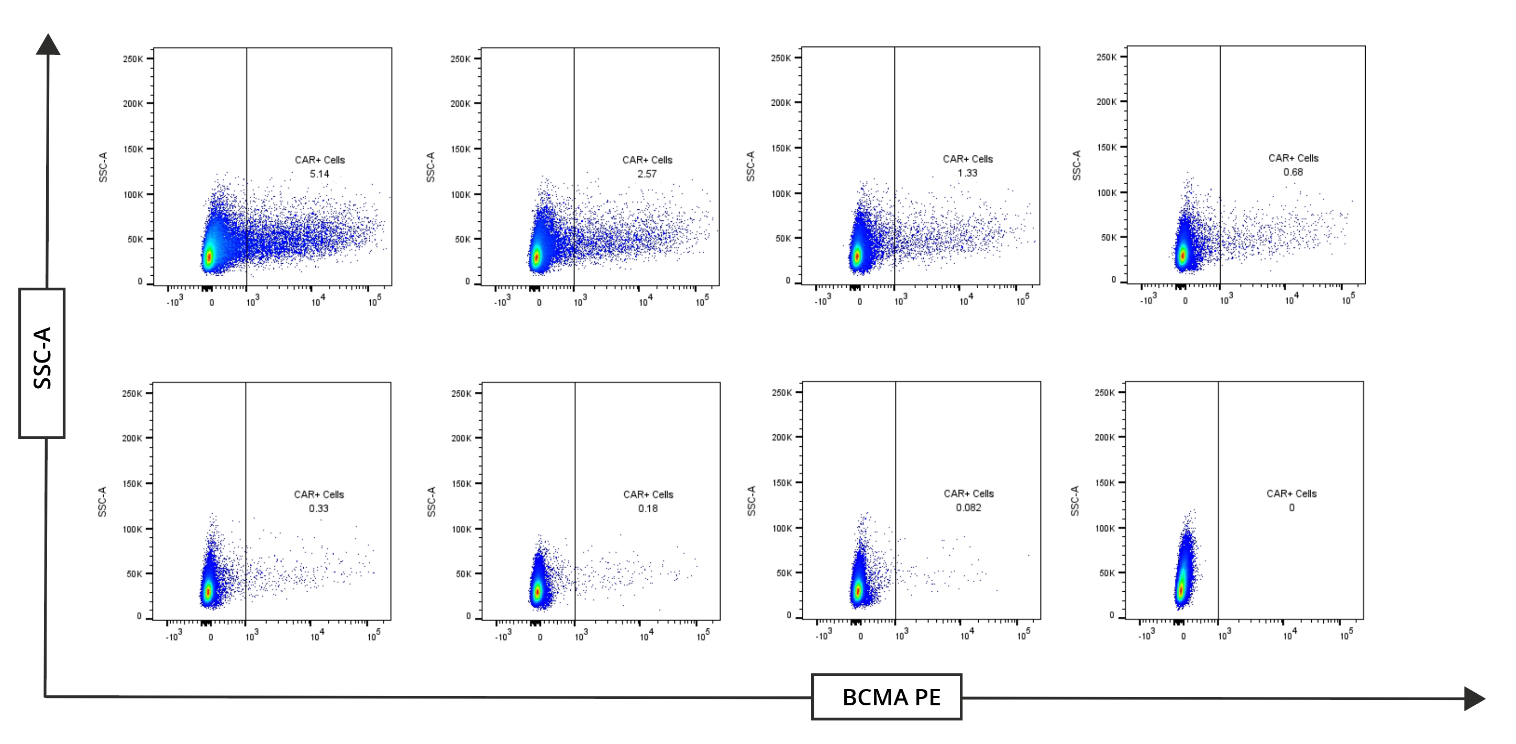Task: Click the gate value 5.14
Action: (x=319, y=174)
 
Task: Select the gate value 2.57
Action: (x=646, y=174)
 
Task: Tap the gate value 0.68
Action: (x=1292, y=172)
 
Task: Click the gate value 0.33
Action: (x=318, y=508)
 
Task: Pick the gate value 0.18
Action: (x=647, y=508)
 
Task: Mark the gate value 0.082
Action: (x=968, y=508)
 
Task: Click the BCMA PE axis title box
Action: (x=886, y=697)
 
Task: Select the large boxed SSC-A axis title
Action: (x=42, y=363)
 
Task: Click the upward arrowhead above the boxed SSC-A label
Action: (x=48, y=44)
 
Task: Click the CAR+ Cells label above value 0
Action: (x=1291, y=493)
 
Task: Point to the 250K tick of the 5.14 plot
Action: (x=133, y=59)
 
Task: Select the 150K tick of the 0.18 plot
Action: (x=462, y=483)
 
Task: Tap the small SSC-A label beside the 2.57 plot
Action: (x=430, y=167)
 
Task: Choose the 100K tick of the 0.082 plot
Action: (x=782, y=528)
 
